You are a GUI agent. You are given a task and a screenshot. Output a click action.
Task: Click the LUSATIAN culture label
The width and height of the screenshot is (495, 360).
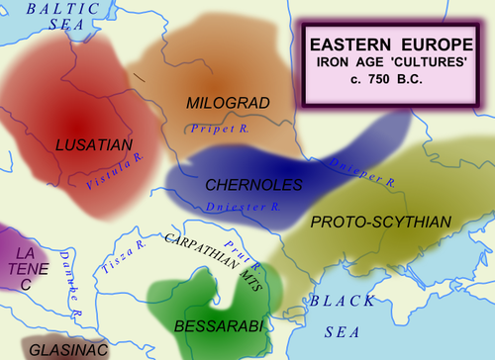[95, 145]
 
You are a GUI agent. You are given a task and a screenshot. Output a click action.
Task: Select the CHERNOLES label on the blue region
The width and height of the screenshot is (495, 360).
[246, 185]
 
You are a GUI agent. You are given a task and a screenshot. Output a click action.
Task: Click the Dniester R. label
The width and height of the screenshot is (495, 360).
[245, 208]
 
